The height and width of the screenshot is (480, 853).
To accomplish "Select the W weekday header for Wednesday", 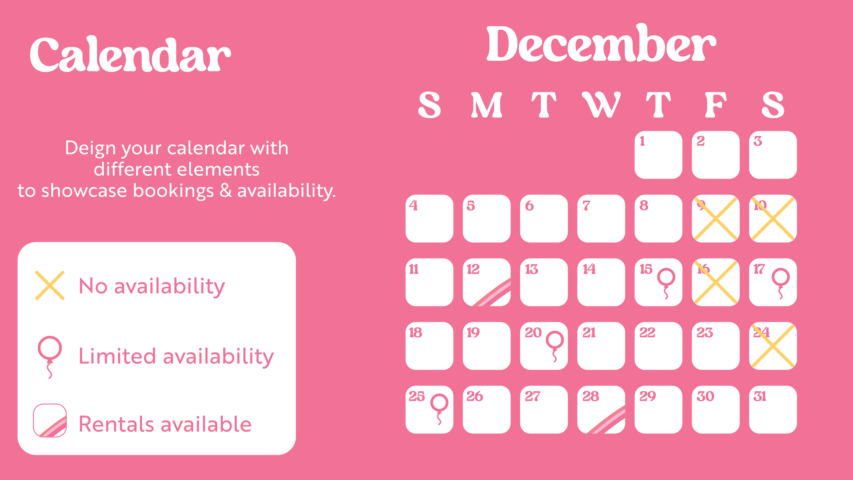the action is (601, 105).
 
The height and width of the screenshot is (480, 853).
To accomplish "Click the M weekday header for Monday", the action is (486, 105).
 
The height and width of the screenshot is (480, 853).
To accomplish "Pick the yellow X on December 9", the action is (715, 219).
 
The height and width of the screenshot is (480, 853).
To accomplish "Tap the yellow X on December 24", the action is (773, 346).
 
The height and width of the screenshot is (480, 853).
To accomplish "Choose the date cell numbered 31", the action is (773, 409).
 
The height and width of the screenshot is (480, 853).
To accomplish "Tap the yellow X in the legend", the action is (50, 286).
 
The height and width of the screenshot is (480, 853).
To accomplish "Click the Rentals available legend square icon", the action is (50, 420).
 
